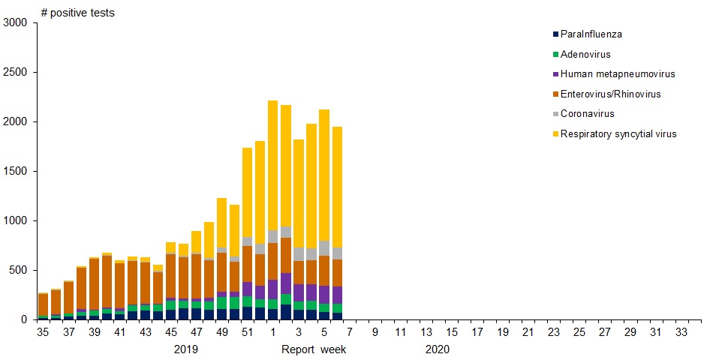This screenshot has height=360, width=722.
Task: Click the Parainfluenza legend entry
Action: click(591, 34)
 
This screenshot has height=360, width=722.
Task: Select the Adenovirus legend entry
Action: click(585, 54)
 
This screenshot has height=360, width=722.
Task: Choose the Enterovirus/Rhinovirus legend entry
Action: click(610, 94)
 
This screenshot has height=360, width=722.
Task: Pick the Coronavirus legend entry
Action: click(587, 114)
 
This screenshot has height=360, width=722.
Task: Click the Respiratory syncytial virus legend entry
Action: click(618, 133)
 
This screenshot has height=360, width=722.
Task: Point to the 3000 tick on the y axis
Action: click(15, 23)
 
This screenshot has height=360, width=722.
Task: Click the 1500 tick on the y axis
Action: click(15, 171)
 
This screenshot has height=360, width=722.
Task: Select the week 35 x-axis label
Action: click(44, 332)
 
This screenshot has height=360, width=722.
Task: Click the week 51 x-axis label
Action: click(247, 332)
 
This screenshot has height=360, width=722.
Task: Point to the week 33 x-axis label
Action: click(681, 332)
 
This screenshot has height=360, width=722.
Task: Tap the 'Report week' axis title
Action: click(314, 349)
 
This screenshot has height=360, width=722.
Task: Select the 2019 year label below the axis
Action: click(185, 349)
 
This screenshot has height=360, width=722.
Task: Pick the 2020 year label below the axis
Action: click(437, 349)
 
